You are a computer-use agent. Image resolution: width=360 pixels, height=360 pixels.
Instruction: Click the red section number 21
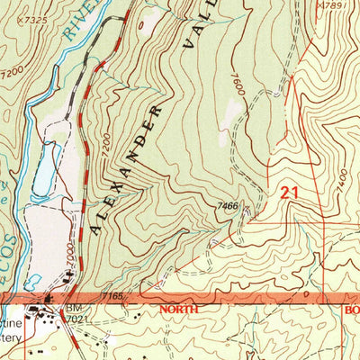tap(289, 192)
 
